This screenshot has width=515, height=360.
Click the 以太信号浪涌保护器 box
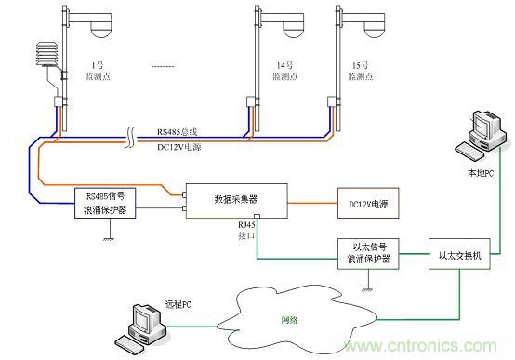(370, 252)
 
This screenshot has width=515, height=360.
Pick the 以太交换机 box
(458, 252)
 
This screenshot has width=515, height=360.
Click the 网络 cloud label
(290, 319)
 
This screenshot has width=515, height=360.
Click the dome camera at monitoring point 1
(98, 28)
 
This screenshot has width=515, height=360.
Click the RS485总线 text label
(190, 132)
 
